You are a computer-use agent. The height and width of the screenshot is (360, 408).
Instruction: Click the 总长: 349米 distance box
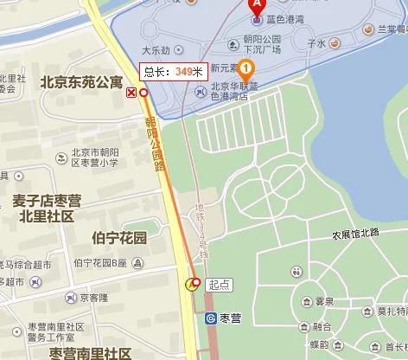pos(172,73)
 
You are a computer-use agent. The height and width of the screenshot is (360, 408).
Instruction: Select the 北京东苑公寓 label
pos(81,82)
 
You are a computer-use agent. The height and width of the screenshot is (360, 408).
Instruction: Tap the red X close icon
pos(131,93)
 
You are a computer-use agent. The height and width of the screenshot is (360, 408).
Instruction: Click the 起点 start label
pos(220,283)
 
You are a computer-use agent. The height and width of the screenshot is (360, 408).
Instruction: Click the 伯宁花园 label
pos(118,237)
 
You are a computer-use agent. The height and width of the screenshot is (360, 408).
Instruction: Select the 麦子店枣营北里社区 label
pos(47,208)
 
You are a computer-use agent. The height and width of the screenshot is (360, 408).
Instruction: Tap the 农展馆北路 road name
pos(355,234)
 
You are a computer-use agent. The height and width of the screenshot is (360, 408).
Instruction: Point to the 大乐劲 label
pos(157,50)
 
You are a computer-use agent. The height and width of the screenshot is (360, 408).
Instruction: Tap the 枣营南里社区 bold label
pos(91,353)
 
